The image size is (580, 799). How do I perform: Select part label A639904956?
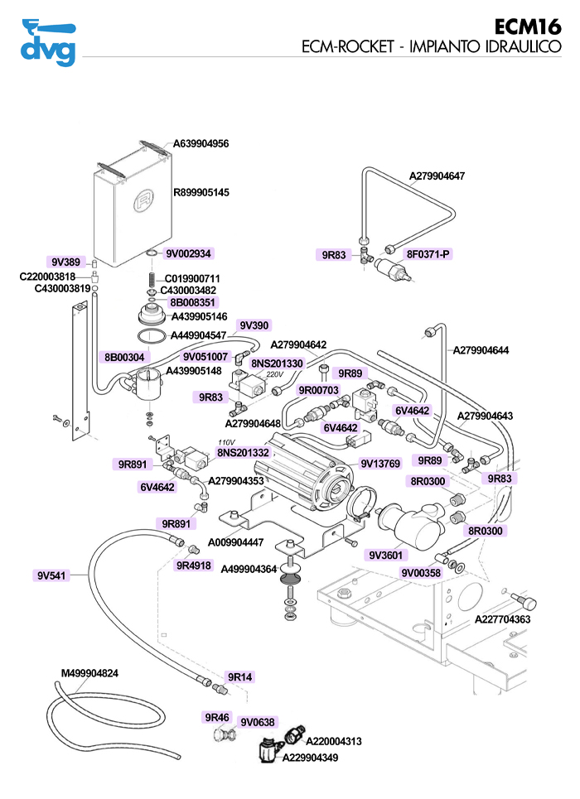201,143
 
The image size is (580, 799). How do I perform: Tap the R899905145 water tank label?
201,192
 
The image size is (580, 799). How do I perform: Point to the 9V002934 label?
189,253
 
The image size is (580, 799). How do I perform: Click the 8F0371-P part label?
428,254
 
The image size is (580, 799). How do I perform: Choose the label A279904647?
437,176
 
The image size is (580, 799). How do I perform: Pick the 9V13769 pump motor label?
380,464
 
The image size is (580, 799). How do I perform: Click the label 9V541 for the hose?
51,575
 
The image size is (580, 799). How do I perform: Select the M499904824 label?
89,673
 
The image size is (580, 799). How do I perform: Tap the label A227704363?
502,619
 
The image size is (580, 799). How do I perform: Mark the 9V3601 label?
385,555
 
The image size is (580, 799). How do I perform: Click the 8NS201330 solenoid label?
277,363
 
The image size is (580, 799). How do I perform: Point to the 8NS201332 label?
243,452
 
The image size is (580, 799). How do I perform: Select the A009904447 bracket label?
235,542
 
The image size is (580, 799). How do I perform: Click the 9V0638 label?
258,721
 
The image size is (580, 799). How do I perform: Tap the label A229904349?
311,757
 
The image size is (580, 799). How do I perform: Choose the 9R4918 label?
193,566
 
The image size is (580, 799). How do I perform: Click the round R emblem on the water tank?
144,200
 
